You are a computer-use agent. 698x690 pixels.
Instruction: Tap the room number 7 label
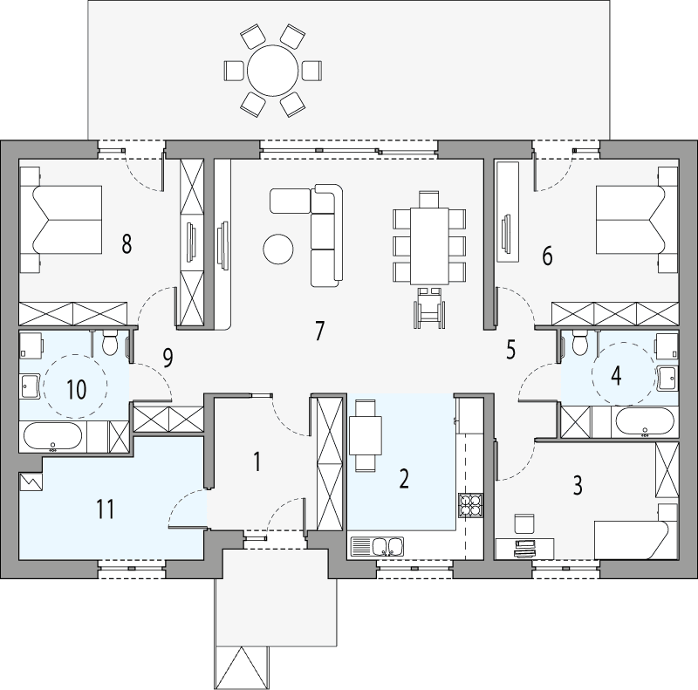319,331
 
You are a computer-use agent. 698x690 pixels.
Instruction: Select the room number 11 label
106,509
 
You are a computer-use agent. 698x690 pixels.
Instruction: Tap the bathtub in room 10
52,435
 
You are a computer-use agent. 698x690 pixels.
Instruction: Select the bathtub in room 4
644,422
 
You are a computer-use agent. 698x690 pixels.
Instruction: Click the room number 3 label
578,486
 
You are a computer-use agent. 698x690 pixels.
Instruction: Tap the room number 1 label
257,461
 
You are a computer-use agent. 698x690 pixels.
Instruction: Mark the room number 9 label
168,356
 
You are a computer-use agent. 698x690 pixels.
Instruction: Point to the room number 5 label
511,350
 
